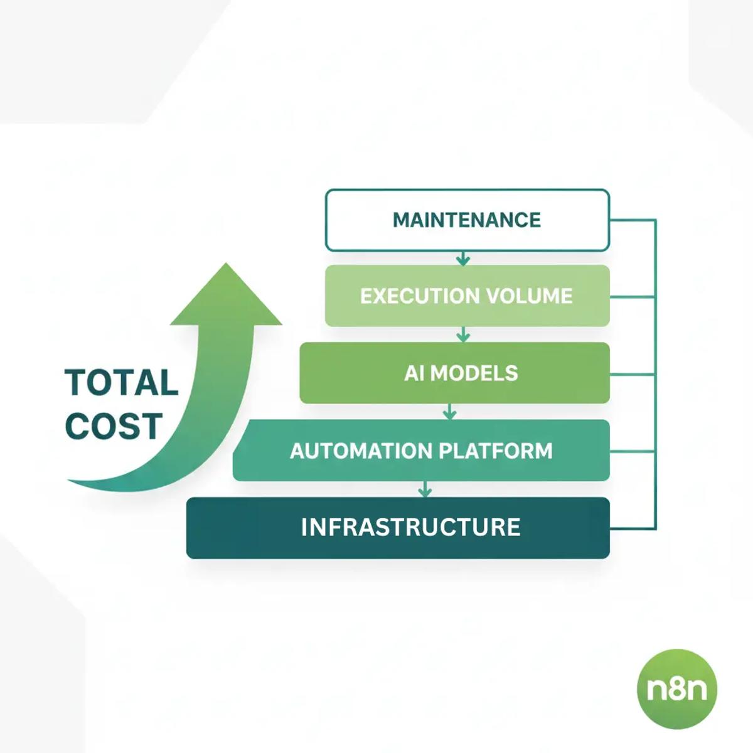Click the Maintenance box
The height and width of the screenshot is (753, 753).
[x=467, y=220]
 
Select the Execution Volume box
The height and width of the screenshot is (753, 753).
[x=467, y=296]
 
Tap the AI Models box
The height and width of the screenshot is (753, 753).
[x=454, y=373]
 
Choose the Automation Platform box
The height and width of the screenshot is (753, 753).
[x=421, y=451]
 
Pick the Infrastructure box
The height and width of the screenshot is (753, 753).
[x=398, y=527]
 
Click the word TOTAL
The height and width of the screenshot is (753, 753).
[x=122, y=383]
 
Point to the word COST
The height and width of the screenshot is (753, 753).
[x=114, y=427]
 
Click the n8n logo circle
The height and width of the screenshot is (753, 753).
[x=676, y=689]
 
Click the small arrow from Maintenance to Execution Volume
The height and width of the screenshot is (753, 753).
[x=463, y=258]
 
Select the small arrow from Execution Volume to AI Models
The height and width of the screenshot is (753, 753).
[x=463, y=334]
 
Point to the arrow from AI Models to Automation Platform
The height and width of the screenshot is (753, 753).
[x=449, y=412]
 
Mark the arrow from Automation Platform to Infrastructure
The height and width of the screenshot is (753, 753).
[x=425, y=489]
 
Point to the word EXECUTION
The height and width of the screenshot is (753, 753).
[x=420, y=296]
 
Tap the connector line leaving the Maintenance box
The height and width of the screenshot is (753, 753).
[x=633, y=220]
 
